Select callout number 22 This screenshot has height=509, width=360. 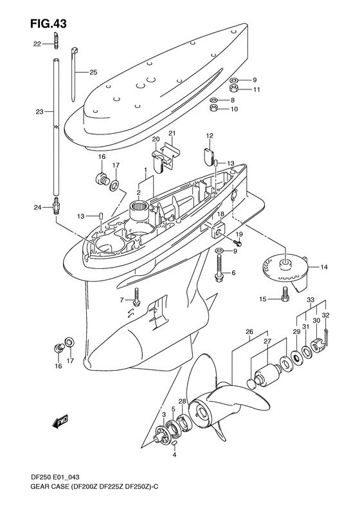[37, 44]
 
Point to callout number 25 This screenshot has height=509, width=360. [93, 72]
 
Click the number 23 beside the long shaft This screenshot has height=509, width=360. [39, 112]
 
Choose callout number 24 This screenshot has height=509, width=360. [37, 207]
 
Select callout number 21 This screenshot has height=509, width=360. [171, 133]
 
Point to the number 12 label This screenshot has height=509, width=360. [210, 136]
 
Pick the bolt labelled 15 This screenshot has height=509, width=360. [284, 296]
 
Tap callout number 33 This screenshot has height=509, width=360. [310, 300]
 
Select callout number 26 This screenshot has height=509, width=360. [250, 333]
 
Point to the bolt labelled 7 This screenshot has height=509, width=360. [136, 295]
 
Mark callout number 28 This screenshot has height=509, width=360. [183, 402]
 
